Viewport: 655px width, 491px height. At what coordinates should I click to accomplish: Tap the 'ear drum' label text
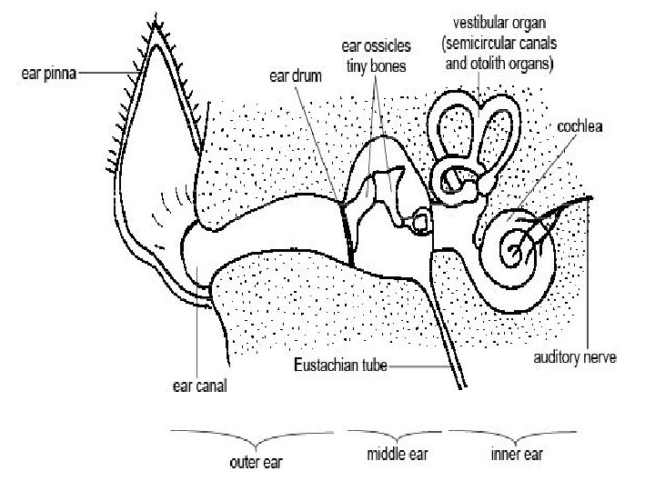(x=296, y=76)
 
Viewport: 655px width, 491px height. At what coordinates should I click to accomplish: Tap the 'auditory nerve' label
(x=574, y=357)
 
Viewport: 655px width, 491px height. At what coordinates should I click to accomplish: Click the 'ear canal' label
(x=199, y=385)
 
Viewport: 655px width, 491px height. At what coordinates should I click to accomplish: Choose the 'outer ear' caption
(x=255, y=463)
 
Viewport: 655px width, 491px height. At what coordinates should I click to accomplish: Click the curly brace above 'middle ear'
(x=392, y=432)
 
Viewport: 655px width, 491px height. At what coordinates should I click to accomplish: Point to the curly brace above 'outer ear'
(x=254, y=433)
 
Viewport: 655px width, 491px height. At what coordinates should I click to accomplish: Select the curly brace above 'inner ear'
(x=513, y=432)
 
